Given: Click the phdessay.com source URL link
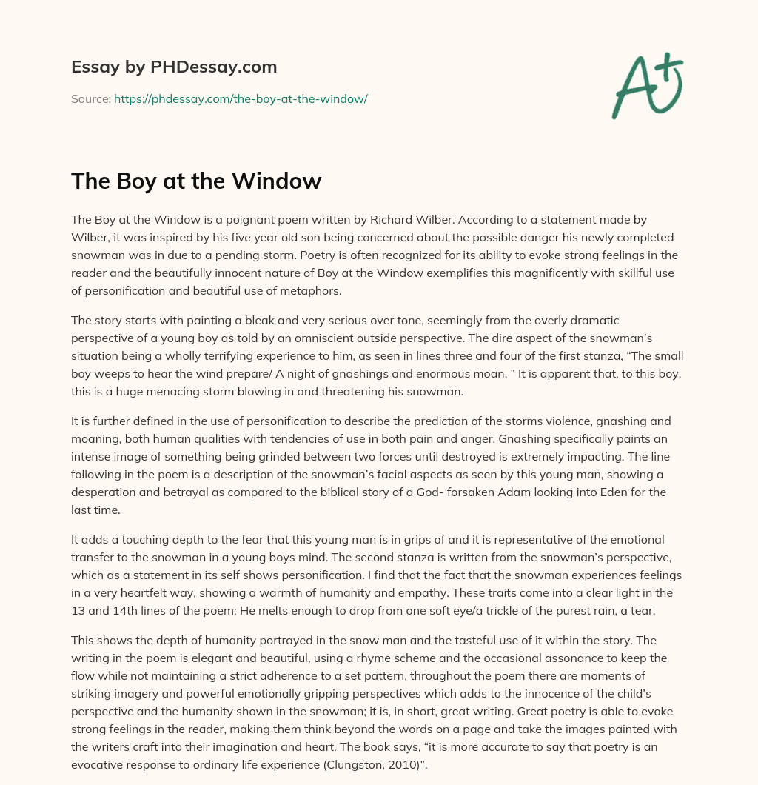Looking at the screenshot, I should [x=241, y=98].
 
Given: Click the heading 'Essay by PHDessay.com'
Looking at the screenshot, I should [x=174, y=67].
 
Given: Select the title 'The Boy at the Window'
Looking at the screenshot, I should [x=196, y=181].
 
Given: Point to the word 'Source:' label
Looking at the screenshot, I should [x=90, y=98].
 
